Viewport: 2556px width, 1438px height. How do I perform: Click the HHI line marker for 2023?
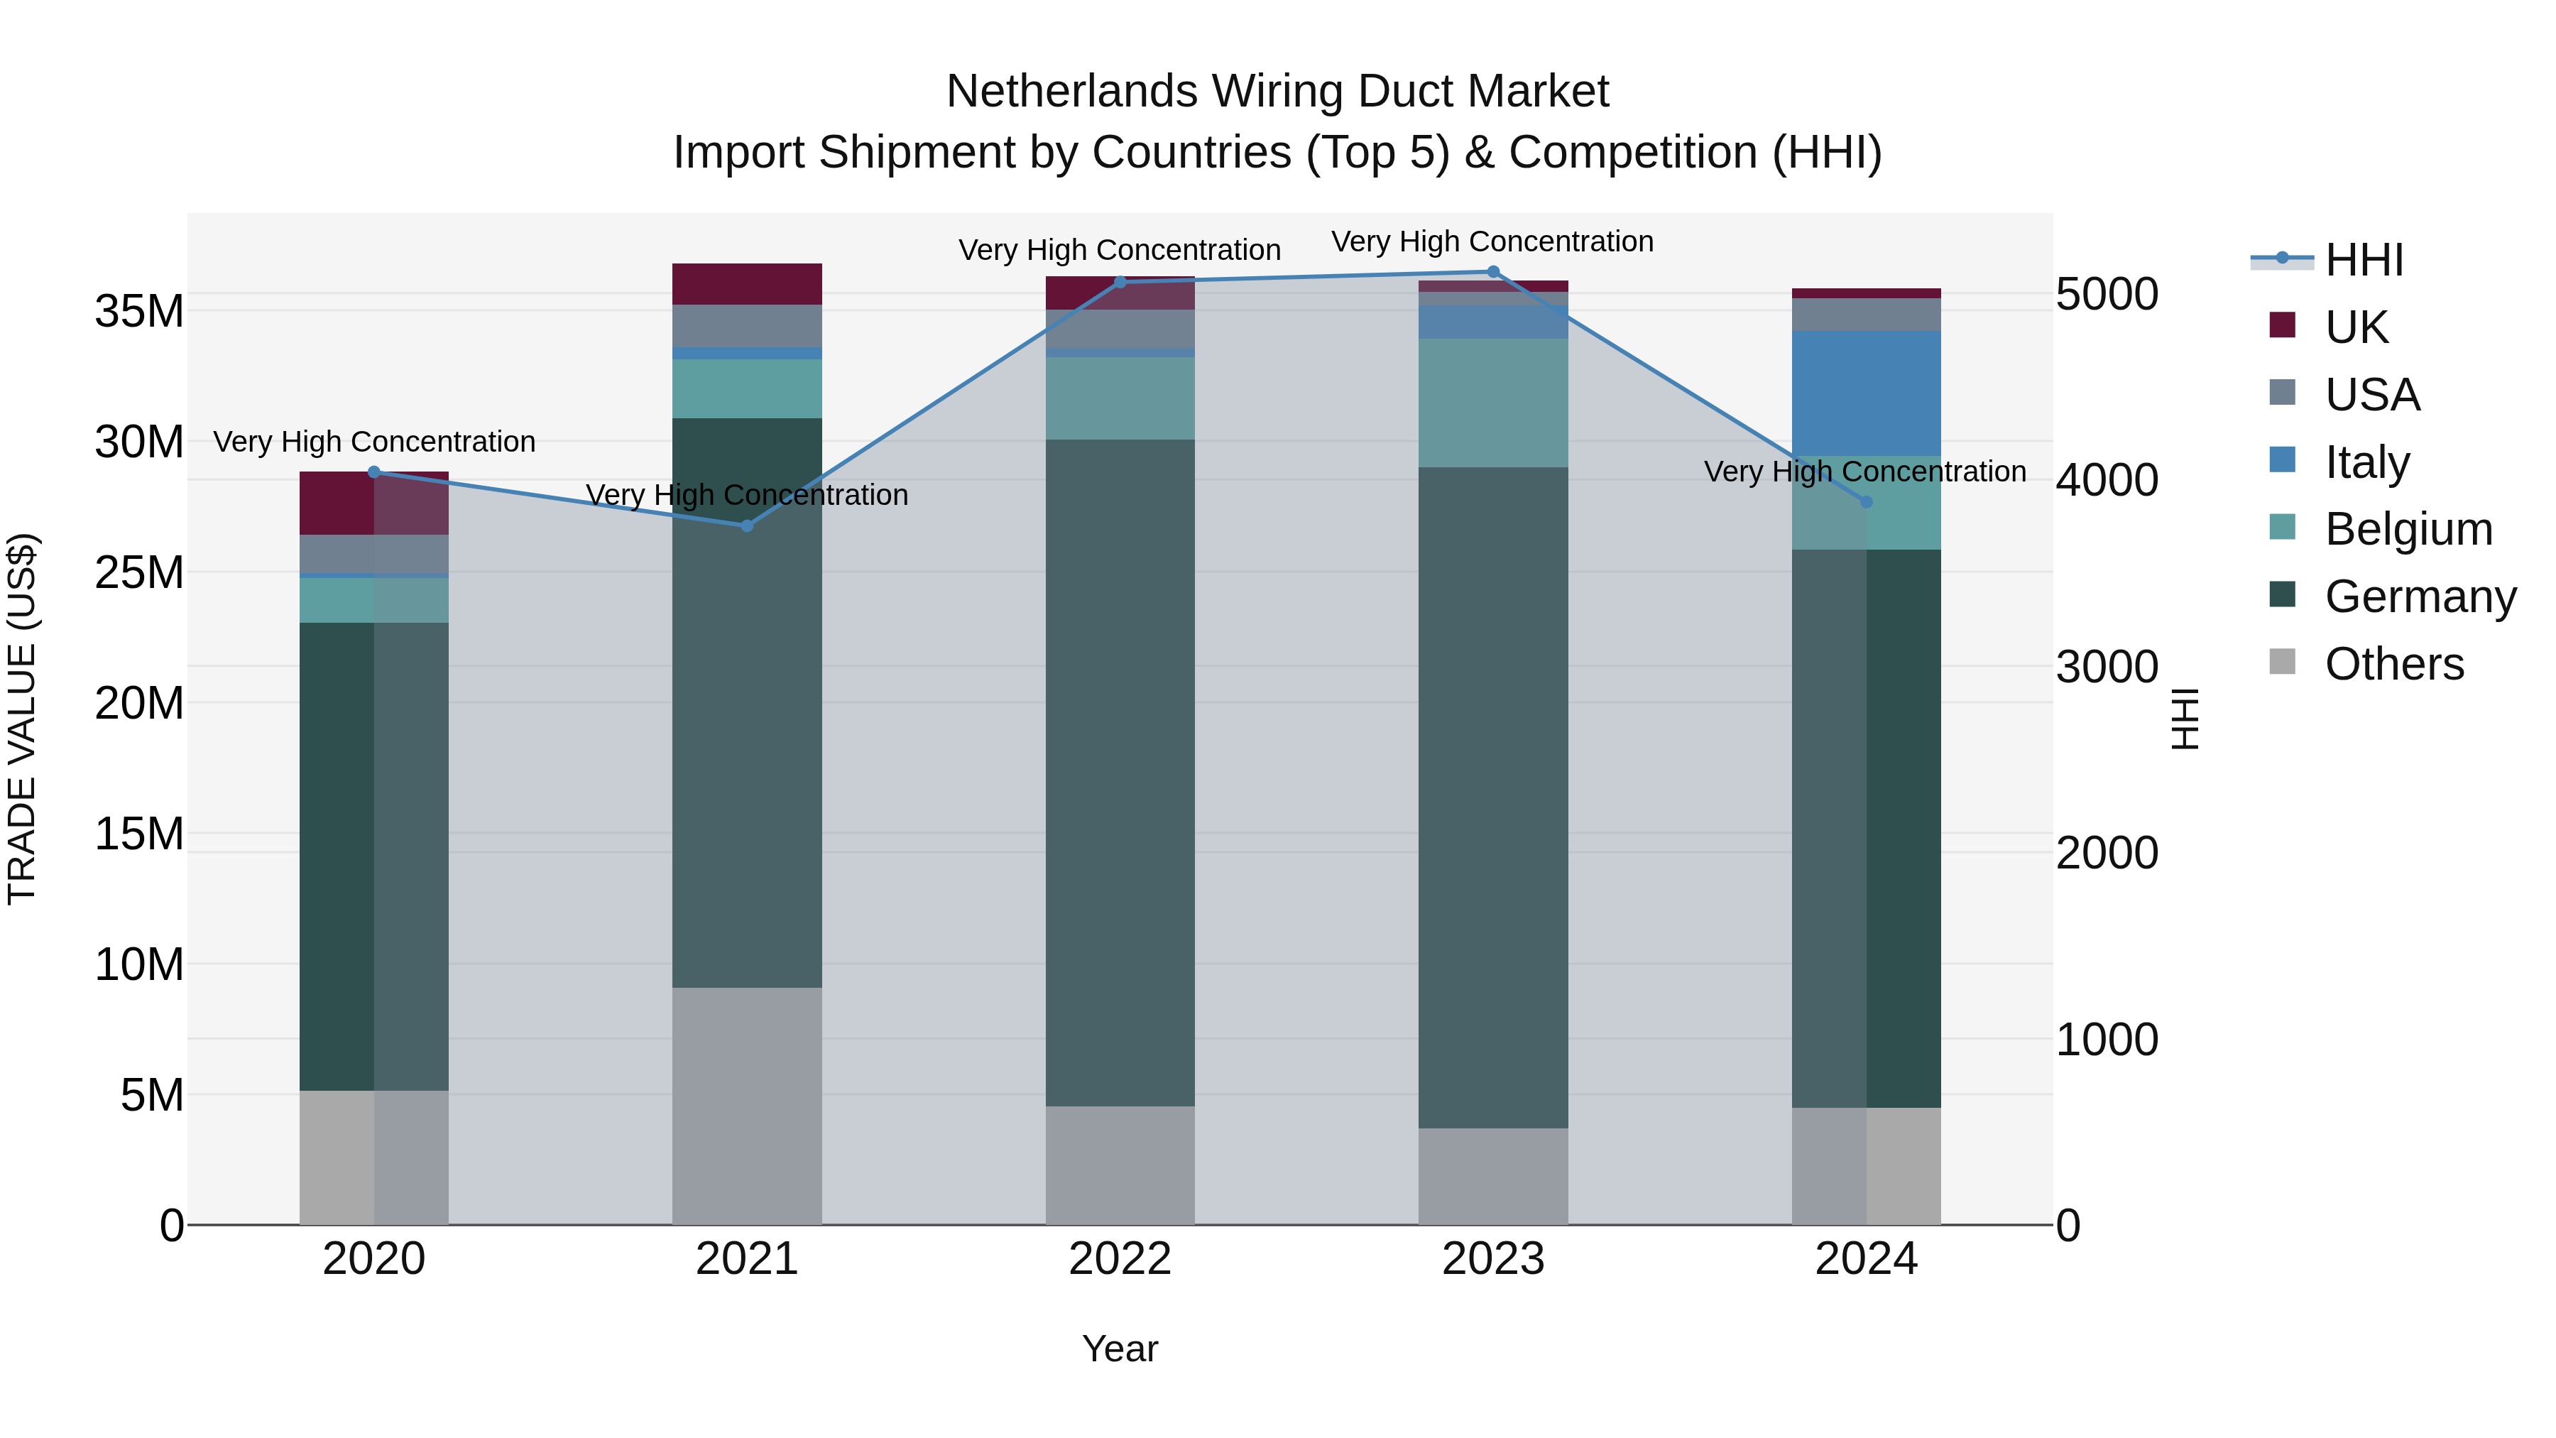click(x=1492, y=272)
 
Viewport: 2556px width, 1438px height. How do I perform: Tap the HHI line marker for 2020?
click(x=374, y=472)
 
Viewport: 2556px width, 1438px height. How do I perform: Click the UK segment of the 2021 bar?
click(x=747, y=284)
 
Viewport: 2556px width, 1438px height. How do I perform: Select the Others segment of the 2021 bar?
click(x=747, y=1106)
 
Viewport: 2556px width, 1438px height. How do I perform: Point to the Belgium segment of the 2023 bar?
click(x=1492, y=403)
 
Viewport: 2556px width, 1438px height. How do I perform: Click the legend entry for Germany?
click(x=2419, y=597)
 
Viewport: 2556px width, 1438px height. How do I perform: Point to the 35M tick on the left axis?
click(x=139, y=312)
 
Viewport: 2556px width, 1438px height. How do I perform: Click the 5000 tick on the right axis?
click(x=2107, y=294)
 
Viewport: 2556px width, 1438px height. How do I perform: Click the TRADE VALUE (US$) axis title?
click(x=23, y=719)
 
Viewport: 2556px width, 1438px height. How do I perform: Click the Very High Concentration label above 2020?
click(x=374, y=442)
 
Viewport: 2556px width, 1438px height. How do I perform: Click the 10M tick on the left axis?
click(x=139, y=964)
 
